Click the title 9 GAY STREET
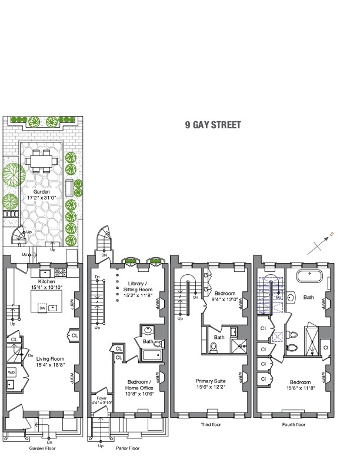[213, 125]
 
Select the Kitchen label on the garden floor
[45, 282]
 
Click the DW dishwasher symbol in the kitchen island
[42, 308]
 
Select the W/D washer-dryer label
[11, 372]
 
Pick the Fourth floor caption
[293, 424]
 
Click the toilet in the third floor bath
[214, 347]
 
